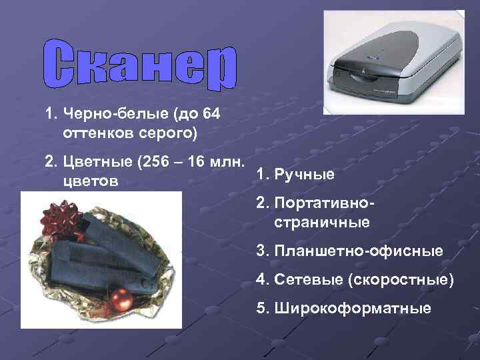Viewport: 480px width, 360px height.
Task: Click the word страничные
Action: pyautogui.click(x=321, y=222)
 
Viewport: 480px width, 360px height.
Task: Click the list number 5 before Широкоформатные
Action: pyautogui.click(x=260, y=309)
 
